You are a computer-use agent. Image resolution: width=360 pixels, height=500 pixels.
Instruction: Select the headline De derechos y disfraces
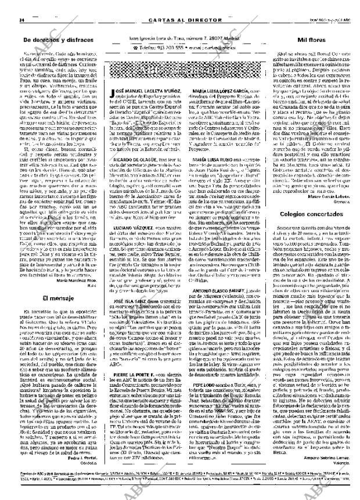click(x=57, y=39)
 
